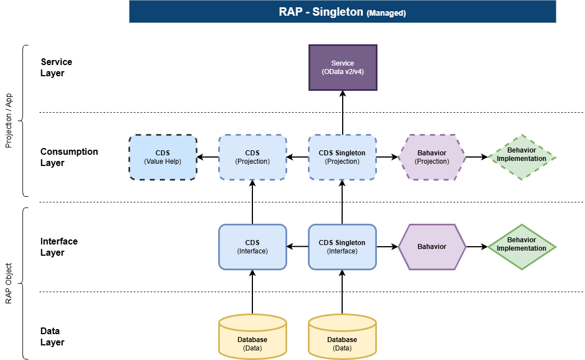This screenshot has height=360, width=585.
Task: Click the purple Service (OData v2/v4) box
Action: point(343,67)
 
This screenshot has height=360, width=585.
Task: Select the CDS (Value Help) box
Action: point(163,158)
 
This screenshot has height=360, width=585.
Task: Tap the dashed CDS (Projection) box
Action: point(252,158)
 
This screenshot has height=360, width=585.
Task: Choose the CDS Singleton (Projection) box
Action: point(343,158)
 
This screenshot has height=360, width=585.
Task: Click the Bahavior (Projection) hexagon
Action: point(432,158)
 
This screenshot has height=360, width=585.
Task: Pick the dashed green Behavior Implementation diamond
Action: point(522,158)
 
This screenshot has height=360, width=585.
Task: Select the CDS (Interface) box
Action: point(252,247)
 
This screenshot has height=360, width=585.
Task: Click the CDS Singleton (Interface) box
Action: point(343,247)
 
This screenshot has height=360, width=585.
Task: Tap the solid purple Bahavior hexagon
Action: point(432,247)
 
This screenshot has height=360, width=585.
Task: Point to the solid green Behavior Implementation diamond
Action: point(522,247)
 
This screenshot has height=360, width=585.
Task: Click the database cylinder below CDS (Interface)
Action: point(252,336)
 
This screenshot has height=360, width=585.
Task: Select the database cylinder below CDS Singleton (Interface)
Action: point(343,336)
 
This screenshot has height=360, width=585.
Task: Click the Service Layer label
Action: point(56,67)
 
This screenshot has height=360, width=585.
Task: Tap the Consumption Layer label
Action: point(69,157)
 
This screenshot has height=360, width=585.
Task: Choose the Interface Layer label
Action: point(59,247)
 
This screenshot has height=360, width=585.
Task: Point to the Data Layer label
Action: point(52,336)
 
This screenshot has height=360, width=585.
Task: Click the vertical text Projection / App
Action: point(8,121)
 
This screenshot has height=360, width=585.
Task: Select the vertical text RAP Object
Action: point(8,284)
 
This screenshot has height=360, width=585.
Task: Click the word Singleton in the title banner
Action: point(338,12)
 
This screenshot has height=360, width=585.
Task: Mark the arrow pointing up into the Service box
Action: point(343,113)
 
